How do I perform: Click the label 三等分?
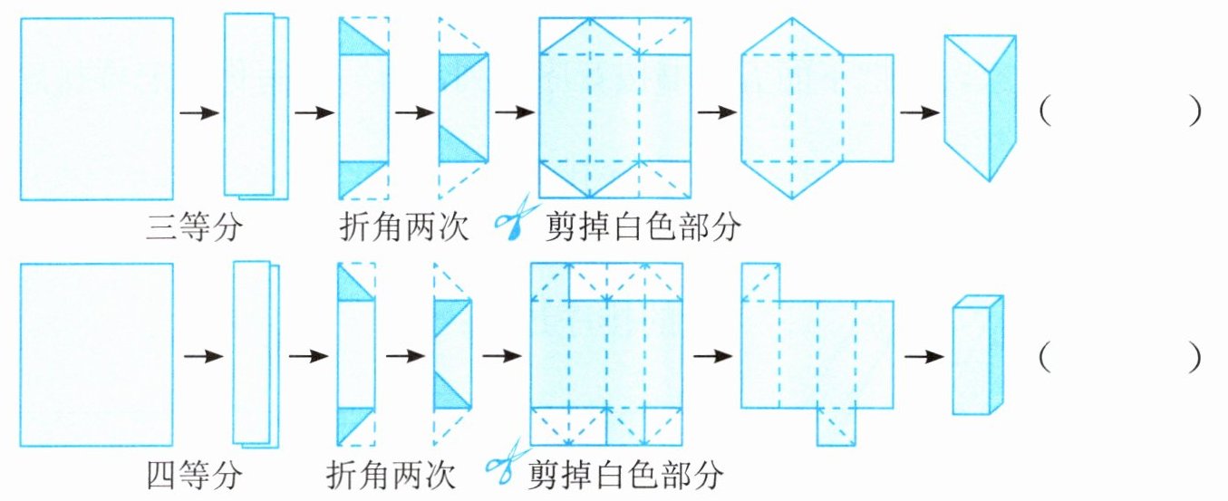pyautogui.click(x=194, y=226)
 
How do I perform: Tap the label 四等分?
pyautogui.click(x=194, y=475)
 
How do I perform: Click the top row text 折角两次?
pyautogui.click(x=404, y=226)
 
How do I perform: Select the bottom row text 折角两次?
pyautogui.click(x=391, y=475)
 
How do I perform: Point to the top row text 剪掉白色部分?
pyautogui.click(x=643, y=226)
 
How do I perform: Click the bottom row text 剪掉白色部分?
pyautogui.click(x=625, y=475)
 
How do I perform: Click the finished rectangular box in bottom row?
pyautogui.click(x=978, y=355)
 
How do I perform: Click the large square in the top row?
pyautogui.click(x=97, y=109)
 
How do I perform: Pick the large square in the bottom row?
pyautogui.click(x=96, y=354)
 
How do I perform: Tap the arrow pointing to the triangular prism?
pyautogui.click(x=919, y=113)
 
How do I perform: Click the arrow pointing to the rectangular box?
pyautogui.click(x=923, y=357)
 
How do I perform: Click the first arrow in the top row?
pyautogui.click(x=199, y=113)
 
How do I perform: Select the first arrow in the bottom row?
pyautogui.click(x=203, y=357)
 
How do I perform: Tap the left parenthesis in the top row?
pyautogui.click(x=1045, y=113)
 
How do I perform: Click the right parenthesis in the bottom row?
pyautogui.click(x=1194, y=358)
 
